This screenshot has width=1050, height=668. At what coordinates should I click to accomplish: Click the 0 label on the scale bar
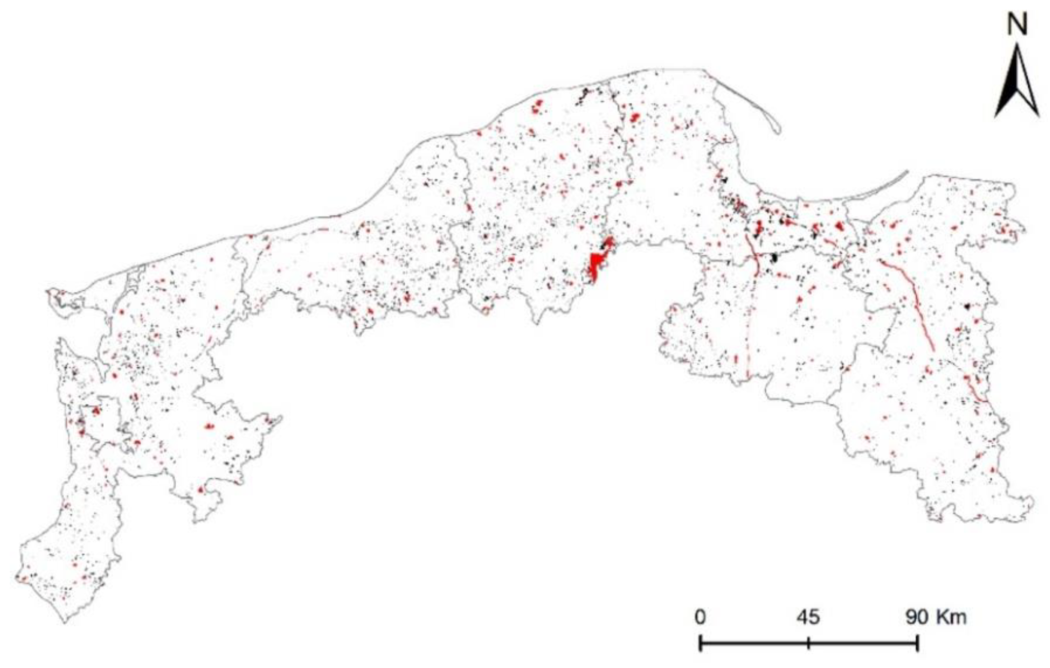point(700,617)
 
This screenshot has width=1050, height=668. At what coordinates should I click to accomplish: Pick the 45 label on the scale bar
point(808,617)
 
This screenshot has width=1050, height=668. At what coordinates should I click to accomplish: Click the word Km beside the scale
point(953,617)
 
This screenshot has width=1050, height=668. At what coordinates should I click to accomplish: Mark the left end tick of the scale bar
point(700,643)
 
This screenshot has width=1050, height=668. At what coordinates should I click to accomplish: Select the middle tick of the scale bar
point(808,643)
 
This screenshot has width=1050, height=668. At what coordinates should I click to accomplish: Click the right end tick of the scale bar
point(918,643)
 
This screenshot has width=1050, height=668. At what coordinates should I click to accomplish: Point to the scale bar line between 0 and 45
point(754,644)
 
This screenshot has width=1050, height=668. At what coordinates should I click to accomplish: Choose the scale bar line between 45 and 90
point(864,644)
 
